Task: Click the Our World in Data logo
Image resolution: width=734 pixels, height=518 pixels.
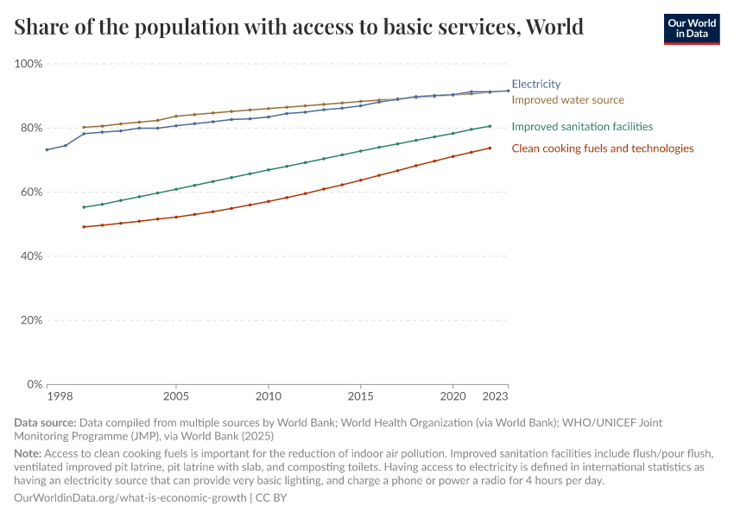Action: [691, 28]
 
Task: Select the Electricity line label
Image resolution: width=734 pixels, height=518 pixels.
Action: [535, 85]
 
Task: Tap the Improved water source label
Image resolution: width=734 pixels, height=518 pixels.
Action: [567, 100]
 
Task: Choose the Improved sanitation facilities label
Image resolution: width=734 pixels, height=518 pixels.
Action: [582, 127]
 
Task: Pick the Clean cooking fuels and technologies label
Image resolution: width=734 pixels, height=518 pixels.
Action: [602, 148]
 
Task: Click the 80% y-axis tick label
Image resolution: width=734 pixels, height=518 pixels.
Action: [31, 128]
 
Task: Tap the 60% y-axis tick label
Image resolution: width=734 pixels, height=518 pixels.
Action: [31, 192]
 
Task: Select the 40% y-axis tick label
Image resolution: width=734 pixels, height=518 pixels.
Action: [31, 256]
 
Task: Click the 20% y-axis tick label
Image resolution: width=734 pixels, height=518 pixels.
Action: [31, 319]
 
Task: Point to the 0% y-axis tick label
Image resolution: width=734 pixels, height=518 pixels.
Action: [35, 383]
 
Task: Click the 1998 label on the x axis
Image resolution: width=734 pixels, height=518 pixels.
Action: [59, 396]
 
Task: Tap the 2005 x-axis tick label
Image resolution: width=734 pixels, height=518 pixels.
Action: [176, 396]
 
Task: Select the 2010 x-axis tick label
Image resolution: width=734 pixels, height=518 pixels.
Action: [268, 396]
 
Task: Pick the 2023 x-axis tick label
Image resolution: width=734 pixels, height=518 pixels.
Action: [495, 396]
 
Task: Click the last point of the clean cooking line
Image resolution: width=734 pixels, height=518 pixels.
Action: [490, 148]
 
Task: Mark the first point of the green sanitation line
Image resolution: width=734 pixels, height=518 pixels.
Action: [84, 207]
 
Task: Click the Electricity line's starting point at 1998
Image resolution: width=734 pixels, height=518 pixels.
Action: [47, 150]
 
